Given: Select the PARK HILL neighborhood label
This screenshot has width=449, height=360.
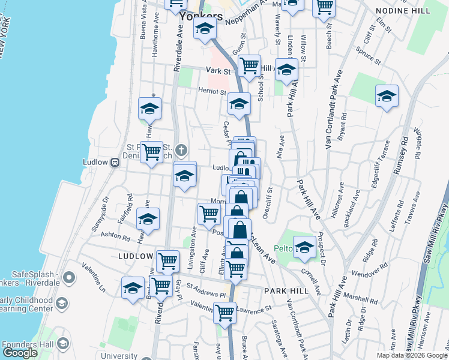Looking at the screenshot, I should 286,290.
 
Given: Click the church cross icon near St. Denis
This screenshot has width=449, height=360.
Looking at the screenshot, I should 181,148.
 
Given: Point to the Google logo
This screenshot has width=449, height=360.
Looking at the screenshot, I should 20,353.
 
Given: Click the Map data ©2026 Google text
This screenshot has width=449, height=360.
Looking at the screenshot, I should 411,355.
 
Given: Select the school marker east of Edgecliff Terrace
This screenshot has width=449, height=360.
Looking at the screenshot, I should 387,97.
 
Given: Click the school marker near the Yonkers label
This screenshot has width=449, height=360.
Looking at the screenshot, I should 205,28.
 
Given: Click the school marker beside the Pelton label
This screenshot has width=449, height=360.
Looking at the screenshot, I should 304,247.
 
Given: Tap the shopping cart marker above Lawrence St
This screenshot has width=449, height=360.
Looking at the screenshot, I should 224,312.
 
